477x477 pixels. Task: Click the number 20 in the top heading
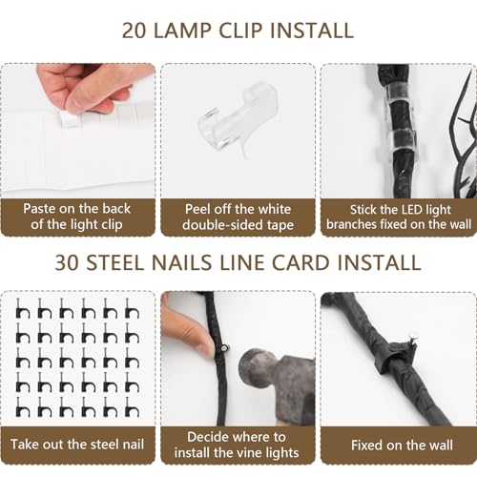coord(137,30)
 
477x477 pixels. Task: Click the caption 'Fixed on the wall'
coord(398,445)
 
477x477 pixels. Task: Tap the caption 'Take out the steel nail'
coord(78,445)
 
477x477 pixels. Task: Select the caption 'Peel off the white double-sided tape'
coord(238,217)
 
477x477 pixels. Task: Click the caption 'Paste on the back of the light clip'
coord(78,217)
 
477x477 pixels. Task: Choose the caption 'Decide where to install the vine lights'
coord(238,445)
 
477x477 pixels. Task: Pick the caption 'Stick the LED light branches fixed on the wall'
coord(398,217)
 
